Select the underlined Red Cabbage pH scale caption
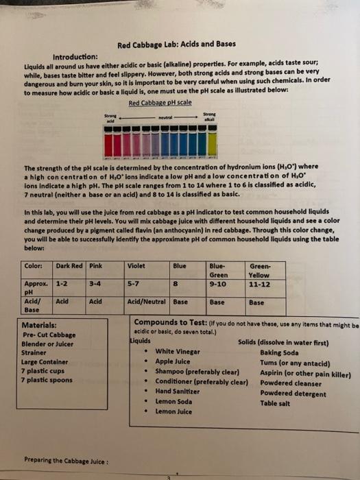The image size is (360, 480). click(160, 103)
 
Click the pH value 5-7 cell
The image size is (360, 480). click(134, 281)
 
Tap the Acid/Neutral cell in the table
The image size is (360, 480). click(147, 300)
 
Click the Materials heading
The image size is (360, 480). click(43, 325)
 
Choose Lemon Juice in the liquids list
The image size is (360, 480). click(174, 411)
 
